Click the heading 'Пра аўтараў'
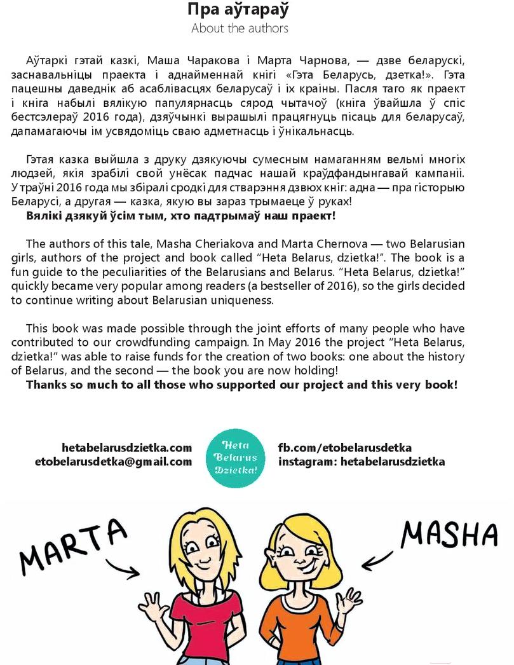coord(239,10)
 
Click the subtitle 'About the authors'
coord(240,29)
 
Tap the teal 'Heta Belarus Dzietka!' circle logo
coord(235,456)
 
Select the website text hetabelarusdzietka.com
coord(127,448)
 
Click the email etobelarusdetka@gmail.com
coord(113,462)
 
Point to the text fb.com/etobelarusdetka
coord(345,448)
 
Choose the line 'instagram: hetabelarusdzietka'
coord(362,462)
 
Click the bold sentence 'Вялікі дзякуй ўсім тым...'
coord(180,216)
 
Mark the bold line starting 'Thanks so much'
coord(241,385)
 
